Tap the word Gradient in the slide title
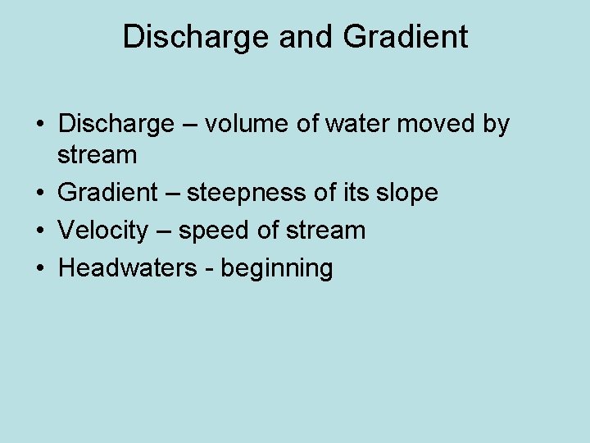(x=406, y=37)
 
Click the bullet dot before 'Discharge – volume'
(x=39, y=125)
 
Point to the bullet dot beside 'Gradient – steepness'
(x=39, y=194)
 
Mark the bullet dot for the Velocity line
(x=39, y=231)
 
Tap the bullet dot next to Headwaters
(x=39, y=268)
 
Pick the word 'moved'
(x=437, y=125)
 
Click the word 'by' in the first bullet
(x=495, y=125)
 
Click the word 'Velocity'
(x=104, y=231)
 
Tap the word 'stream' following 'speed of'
(x=325, y=231)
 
